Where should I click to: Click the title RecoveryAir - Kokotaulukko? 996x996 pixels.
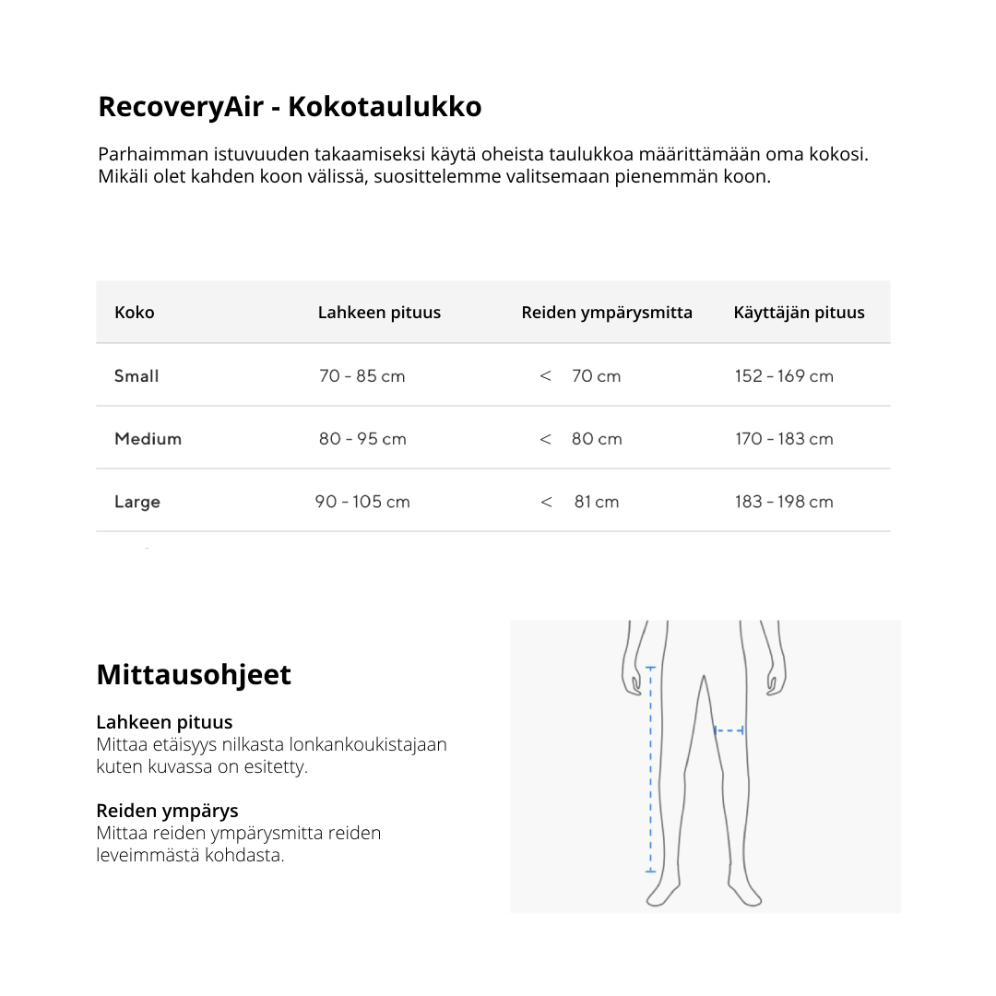coord(290,107)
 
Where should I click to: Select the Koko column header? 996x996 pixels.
coord(135,313)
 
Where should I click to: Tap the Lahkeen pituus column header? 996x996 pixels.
coord(379,313)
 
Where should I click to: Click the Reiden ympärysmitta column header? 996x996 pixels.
coord(607,313)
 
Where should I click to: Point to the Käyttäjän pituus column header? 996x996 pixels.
coord(799,313)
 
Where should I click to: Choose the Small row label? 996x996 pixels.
coord(136,376)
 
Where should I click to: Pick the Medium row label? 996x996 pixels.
coord(148,439)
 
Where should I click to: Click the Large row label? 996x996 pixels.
coord(137,502)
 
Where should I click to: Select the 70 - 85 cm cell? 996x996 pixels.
coord(362,376)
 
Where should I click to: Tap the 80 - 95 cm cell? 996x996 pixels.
coord(362,439)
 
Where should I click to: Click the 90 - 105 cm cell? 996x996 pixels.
coord(362,502)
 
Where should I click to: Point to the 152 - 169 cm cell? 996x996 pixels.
coord(784,376)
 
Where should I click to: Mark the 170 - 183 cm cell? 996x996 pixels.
coord(784,439)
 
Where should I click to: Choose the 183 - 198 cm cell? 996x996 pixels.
coord(784,502)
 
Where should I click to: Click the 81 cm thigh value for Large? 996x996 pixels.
coord(596,502)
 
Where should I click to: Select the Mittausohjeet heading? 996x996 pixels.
coord(194,675)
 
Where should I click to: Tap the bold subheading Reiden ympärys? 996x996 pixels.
coord(167,812)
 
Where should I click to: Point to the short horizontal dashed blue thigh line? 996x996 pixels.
coord(729,730)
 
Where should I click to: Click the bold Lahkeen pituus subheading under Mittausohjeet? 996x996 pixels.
coord(164,723)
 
